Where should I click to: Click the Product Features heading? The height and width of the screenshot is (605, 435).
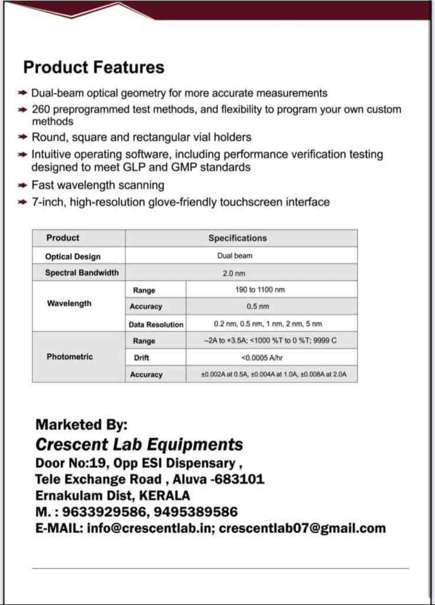pos(94,67)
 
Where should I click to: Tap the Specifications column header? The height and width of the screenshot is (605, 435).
pos(237,238)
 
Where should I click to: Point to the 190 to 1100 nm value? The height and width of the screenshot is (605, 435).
pos(259,290)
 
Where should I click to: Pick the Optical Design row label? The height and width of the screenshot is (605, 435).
pos(72,257)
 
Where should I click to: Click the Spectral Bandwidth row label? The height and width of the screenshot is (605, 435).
pos(81,272)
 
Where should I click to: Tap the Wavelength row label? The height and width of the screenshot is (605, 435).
pos(69,304)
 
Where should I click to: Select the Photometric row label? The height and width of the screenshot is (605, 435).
pos(70,357)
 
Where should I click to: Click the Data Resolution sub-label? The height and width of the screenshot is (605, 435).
pos(156,324)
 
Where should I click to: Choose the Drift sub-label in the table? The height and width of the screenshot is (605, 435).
pos(141,358)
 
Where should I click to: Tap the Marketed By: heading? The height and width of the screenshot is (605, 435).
pos(81,425)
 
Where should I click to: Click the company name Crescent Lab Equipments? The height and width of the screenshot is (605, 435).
pos(139,444)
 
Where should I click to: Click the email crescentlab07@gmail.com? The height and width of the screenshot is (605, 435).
pos(302,528)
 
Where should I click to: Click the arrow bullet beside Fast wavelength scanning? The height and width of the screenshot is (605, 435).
pos(22,185)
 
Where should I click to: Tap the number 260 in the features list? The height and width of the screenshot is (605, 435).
pos(41,110)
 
